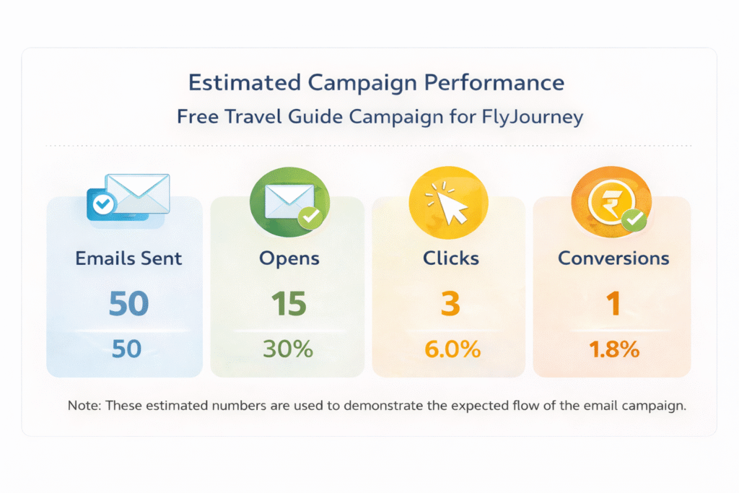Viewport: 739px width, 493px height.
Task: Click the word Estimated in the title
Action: coord(244,82)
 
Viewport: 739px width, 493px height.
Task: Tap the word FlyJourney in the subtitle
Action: coord(532,117)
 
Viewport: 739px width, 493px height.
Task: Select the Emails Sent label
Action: coord(128,258)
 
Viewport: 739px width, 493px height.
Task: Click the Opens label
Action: coord(289,259)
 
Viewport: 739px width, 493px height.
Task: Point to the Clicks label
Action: coord(450,258)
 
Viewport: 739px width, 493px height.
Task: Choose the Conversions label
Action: coord(613,258)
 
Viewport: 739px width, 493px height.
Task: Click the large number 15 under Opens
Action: coord(289,303)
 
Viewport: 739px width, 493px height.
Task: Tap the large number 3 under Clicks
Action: coord(450,303)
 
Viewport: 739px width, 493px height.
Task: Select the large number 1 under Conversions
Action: coord(613,303)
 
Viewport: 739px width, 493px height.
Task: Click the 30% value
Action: coord(287,349)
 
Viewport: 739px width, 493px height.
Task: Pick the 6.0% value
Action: coord(452,349)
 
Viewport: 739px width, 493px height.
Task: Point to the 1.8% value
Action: coord(614,349)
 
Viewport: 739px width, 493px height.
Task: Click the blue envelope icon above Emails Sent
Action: coord(128,198)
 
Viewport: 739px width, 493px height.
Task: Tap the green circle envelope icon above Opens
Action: coord(289,201)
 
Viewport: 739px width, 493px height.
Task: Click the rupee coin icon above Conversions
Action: coord(611,201)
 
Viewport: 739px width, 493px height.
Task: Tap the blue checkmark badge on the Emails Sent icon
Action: coord(103,204)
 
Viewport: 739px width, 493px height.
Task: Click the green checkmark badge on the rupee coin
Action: coord(634,219)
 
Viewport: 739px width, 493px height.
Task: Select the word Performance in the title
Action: coord(494,82)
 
